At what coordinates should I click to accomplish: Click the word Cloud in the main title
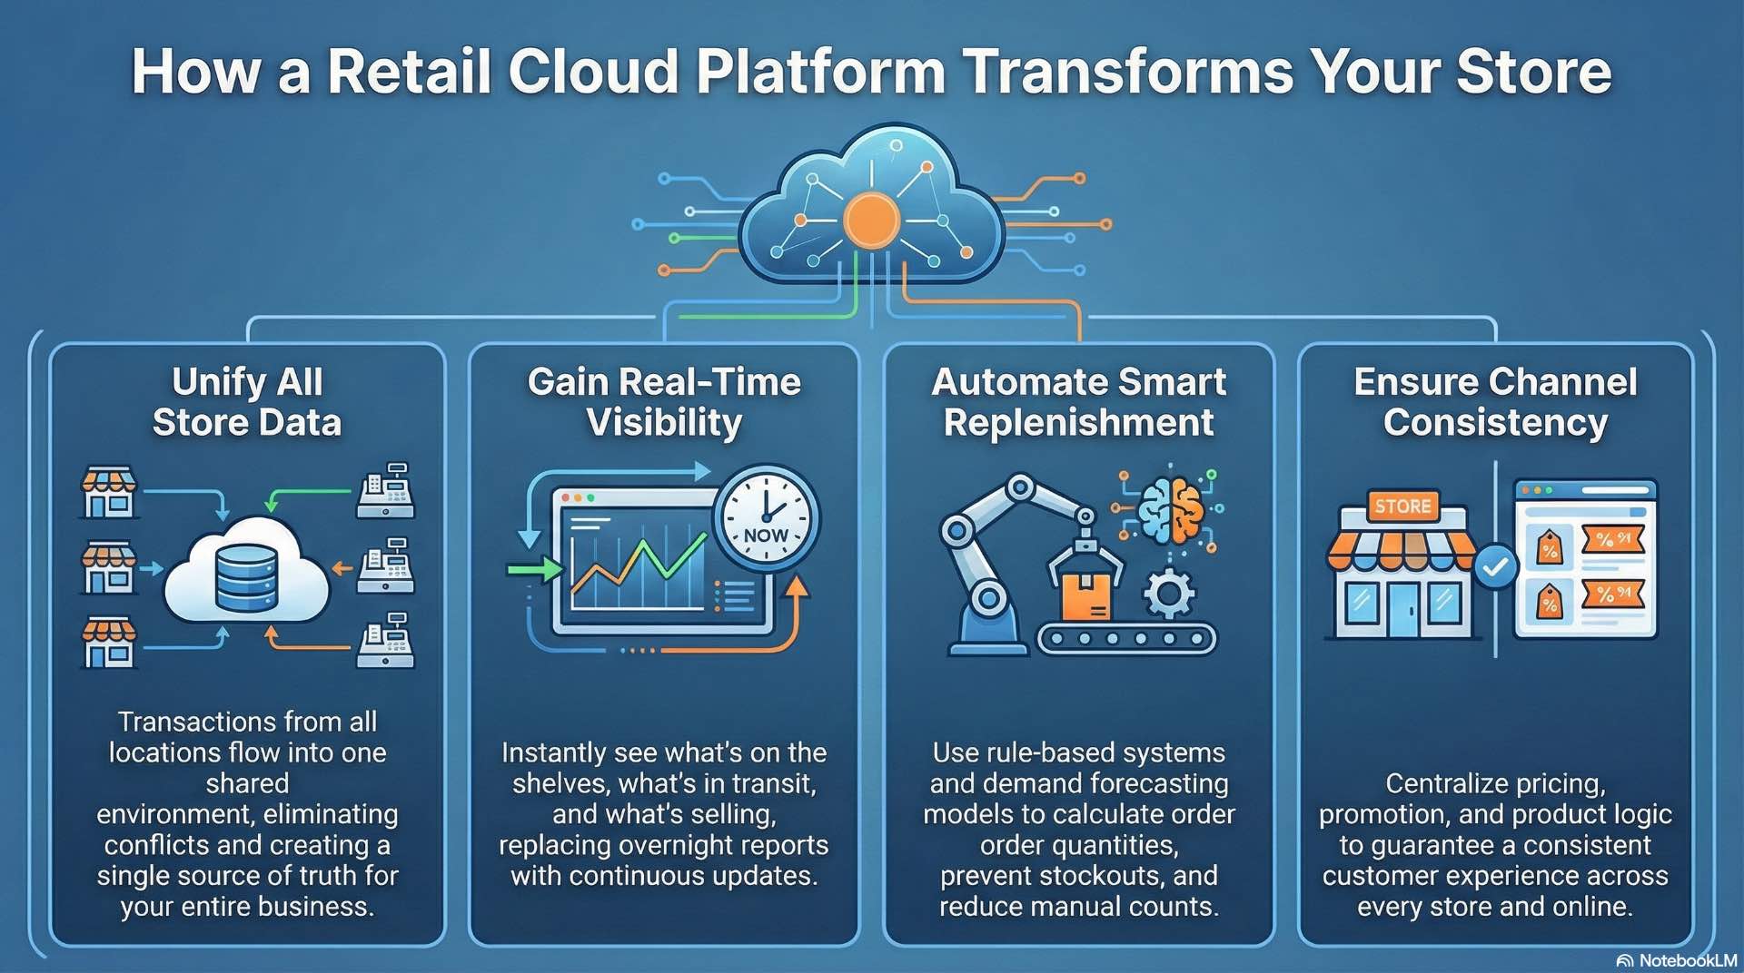click(593, 72)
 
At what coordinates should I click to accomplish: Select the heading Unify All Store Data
click(247, 402)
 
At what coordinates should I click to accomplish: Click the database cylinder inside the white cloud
click(246, 577)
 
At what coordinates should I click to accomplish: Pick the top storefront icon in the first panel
click(109, 493)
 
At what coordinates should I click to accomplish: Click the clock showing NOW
click(766, 519)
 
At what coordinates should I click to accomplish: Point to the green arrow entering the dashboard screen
click(534, 570)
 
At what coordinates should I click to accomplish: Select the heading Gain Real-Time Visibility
click(664, 402)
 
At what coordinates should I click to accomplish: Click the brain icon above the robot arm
click(1172, 511)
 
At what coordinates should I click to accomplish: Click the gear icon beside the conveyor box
click(1168, 595)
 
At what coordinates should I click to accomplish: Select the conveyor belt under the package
click(1126, 639)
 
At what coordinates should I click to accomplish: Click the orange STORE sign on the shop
click(1402, 506)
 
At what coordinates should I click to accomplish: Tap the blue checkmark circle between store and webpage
click(1495, 567)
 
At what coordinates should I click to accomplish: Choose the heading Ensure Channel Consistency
click(1495, 402)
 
